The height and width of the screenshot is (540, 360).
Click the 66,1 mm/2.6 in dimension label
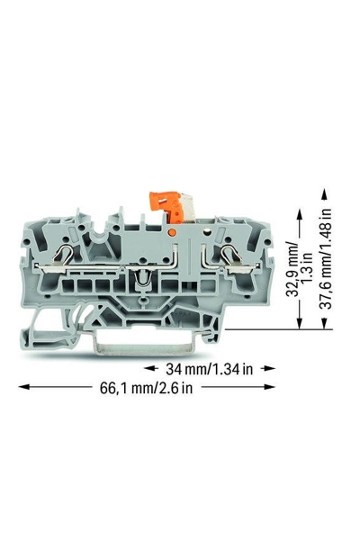[146, 388]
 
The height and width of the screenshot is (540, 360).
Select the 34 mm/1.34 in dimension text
[209, 369]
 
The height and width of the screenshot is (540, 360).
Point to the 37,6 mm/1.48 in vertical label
[328, 258]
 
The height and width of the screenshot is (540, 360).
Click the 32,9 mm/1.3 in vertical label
[299, 269]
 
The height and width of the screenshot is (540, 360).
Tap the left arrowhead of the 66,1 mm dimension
[23, 387]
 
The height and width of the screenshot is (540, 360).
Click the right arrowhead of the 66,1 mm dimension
[270, 387]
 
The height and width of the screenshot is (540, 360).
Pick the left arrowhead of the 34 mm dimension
[148, 368]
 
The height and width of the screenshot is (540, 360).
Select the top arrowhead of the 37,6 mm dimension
[324, 196]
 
